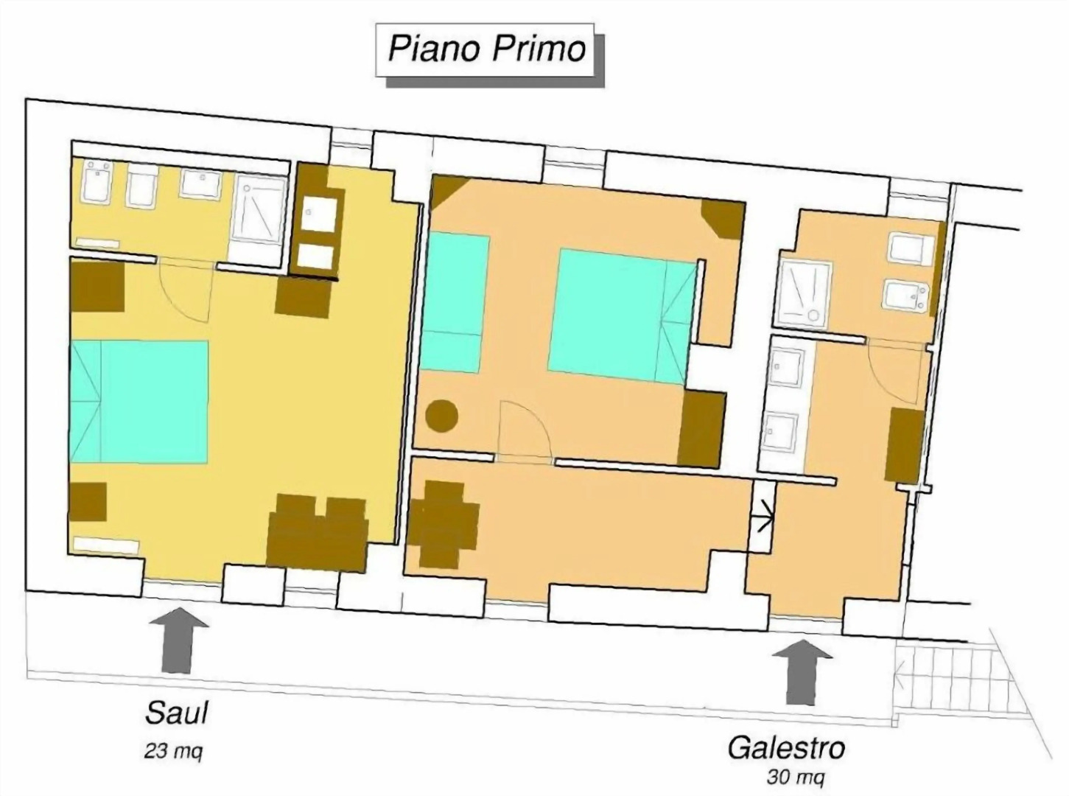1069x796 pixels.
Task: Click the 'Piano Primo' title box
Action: coord(486,50)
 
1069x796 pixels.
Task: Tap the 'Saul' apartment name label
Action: coord(177,713)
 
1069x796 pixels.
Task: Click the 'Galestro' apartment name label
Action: coord(786,748)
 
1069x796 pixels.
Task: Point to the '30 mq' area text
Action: coord(796,777)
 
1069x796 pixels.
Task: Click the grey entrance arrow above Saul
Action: coord(178,638)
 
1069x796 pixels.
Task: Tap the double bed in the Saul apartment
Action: coord(140,401)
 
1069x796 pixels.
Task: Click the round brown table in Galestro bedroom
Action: coord(442,416)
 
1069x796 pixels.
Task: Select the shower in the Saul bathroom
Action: coord(257,209)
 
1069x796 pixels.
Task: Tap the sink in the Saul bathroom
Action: coord(200,185)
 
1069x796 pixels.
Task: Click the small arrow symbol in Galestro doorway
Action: coord(763,515)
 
